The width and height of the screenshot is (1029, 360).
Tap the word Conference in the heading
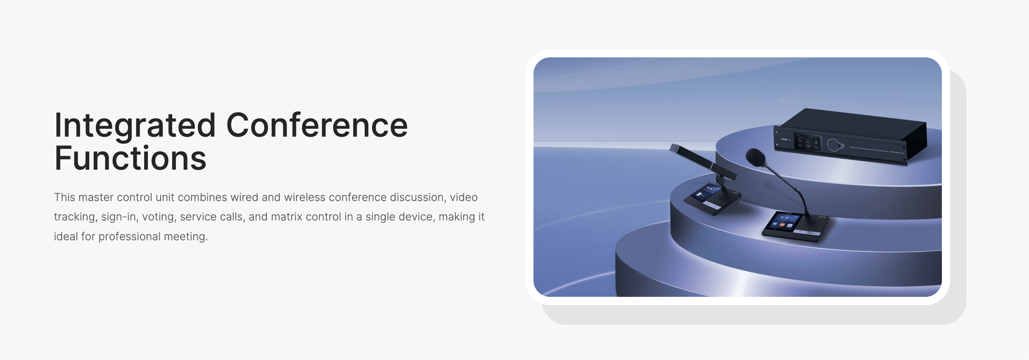317,125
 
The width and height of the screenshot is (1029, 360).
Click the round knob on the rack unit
835,145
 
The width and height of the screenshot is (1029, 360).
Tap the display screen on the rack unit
807,142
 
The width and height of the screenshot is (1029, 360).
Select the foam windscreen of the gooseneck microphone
756,157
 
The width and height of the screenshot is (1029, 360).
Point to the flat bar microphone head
702,161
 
